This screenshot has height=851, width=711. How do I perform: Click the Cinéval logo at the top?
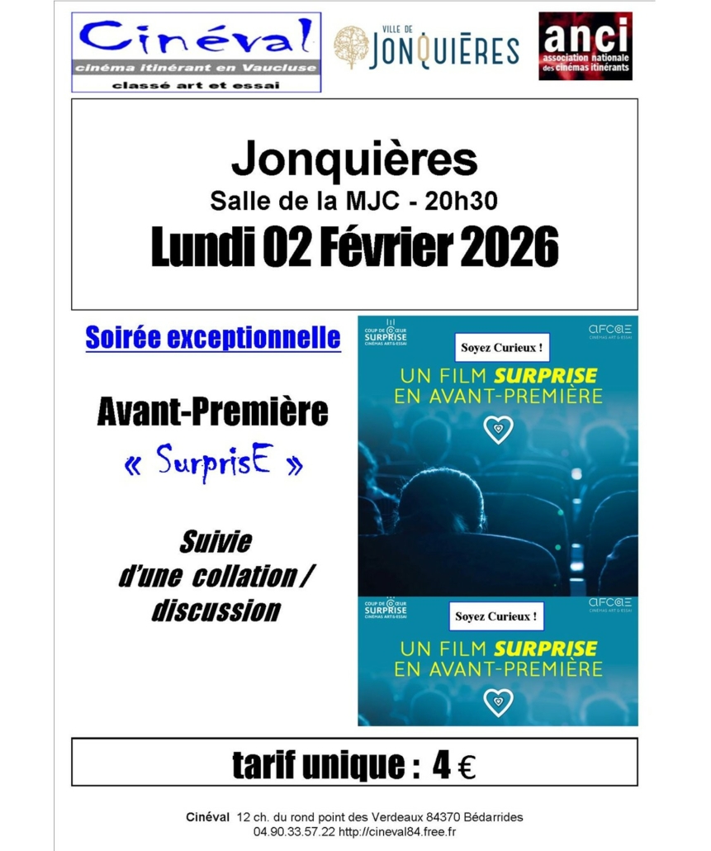click(196, 51)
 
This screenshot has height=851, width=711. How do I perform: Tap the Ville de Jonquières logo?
click(426, 48)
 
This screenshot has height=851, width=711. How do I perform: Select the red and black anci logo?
click(585, 46)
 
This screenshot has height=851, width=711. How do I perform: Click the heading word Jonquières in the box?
click(354, 159)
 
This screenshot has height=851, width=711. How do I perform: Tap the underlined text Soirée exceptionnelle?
click(213, 337)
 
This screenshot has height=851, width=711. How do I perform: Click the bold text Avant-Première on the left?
click(212, 411)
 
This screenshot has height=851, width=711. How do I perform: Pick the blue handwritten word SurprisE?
click(212, 464)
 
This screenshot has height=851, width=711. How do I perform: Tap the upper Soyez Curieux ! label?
click(501, 348)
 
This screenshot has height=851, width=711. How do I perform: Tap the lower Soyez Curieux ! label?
click(499, 616)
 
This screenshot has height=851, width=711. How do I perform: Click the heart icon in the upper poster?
click(498, 429)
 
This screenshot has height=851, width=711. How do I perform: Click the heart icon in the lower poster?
click(498, 701)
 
